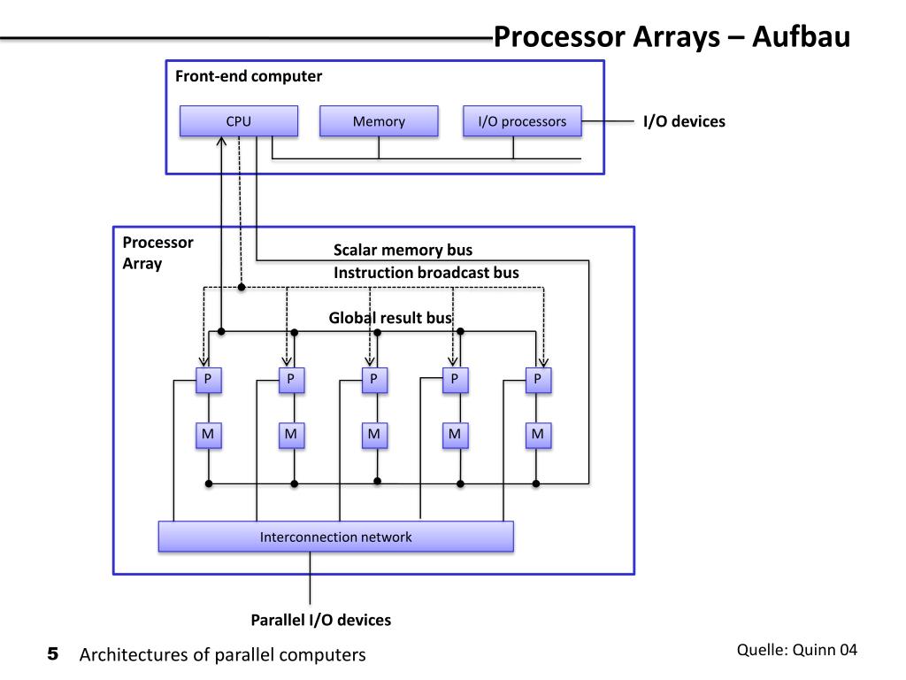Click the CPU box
coord(239,120)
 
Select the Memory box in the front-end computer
coord(379,120)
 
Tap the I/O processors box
coord(522,120)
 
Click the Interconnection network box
coord(335,537)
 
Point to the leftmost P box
coord(209,380)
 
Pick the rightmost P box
coord(539,380)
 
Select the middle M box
coord(374,435)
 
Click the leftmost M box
coord(209,435)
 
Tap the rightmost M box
coord(539,435)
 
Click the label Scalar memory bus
coord(403,250)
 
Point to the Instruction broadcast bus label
coord(426,273)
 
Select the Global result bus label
coord(390,318)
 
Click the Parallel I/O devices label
coord(320,620)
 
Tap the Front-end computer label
coord(249,76)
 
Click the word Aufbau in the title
coord(801,36)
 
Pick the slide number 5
coord(52,654)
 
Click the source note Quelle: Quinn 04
coord(797,650)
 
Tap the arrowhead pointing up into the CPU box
coord(221,142)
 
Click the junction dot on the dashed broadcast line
coord(242,287)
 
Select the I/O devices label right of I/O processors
coord(684,121)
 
